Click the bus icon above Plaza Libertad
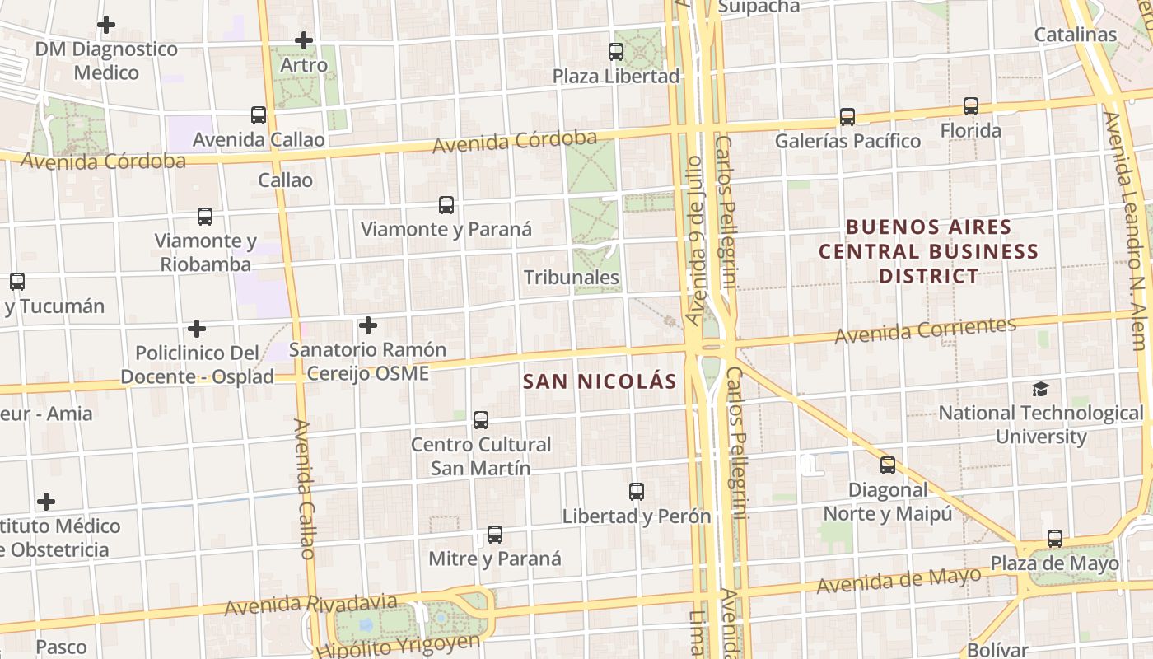[616, 51]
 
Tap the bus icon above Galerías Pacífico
[847, 117]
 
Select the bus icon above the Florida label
[971, 106]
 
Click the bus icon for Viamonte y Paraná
[446, 205]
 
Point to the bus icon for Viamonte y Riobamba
[205, 217]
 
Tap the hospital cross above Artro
[304, 40]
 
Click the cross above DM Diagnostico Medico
[106, 25]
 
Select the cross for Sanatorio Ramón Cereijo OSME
[368, 325]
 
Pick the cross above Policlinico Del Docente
[197, 329]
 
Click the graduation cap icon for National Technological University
[1041, 389]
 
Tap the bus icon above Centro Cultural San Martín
[481, 420]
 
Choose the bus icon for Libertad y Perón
[637, 492]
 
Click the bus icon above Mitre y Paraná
[495, 535]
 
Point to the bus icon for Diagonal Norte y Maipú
[888, 465]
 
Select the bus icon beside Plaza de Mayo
[1055, 539]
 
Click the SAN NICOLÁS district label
[600, 381]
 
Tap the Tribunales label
[572, 277]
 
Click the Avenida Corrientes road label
[926, 330]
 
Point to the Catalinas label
[1076, 35]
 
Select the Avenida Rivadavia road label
[310, 605]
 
